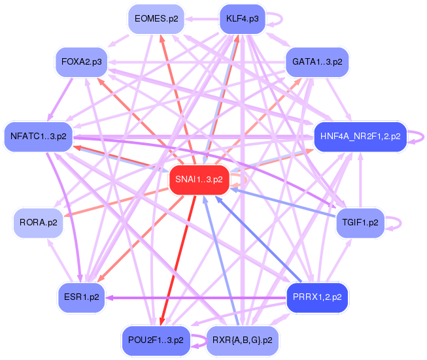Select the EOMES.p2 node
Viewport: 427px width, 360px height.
click(156, 18)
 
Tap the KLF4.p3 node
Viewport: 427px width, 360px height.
click(242, 18)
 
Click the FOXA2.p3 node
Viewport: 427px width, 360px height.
click(81, 62)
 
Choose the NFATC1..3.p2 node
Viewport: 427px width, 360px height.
click(39, 137)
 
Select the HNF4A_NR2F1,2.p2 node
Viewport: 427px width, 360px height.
click(360, 137)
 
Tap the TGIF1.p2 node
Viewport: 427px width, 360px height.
click(360, 223)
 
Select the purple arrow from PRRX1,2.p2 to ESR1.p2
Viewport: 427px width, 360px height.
click(196, 297)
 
